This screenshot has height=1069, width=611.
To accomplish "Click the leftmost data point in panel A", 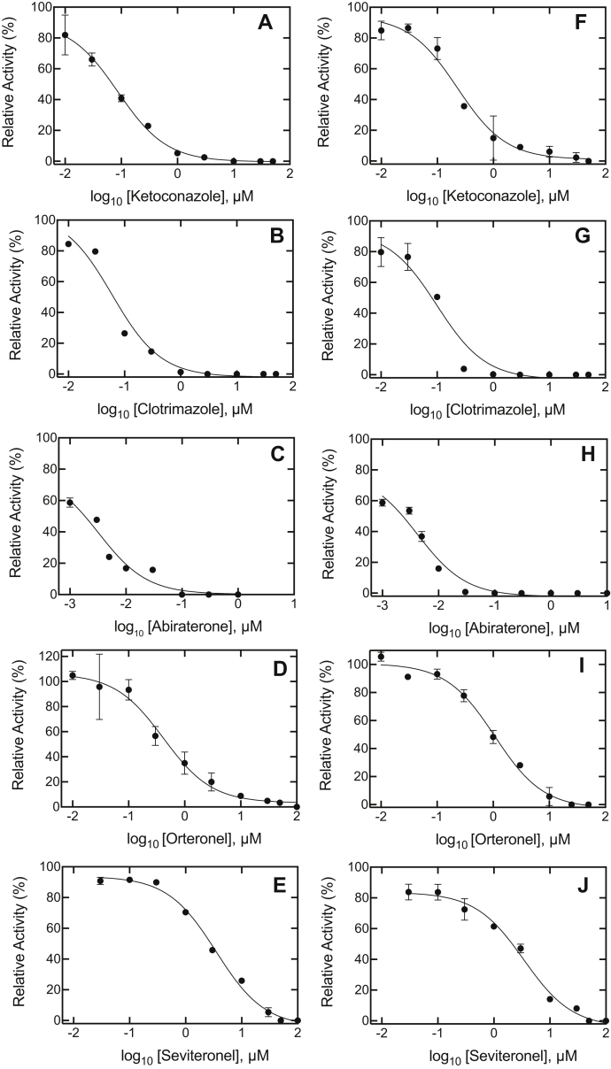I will (65, 35).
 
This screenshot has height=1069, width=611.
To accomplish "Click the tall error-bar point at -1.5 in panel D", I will (100, 687).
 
